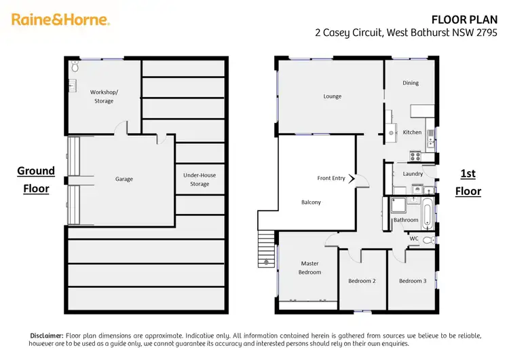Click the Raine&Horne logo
(60, 19)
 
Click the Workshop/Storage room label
(102, 96)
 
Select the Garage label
(124, 179)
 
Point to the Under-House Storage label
(200, 179)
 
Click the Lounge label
(332, 96)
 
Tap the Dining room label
(411, 83)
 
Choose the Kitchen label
(412, 132)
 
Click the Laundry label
(413, 174)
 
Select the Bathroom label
(406, 220)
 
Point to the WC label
(414, 238)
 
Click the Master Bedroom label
(309, 268)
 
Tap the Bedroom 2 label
(362, 281)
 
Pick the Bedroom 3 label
(413, 281)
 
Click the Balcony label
(311, 202)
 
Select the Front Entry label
(331, 178)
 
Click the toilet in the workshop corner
(75, 67)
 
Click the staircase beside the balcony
(266, 249)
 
